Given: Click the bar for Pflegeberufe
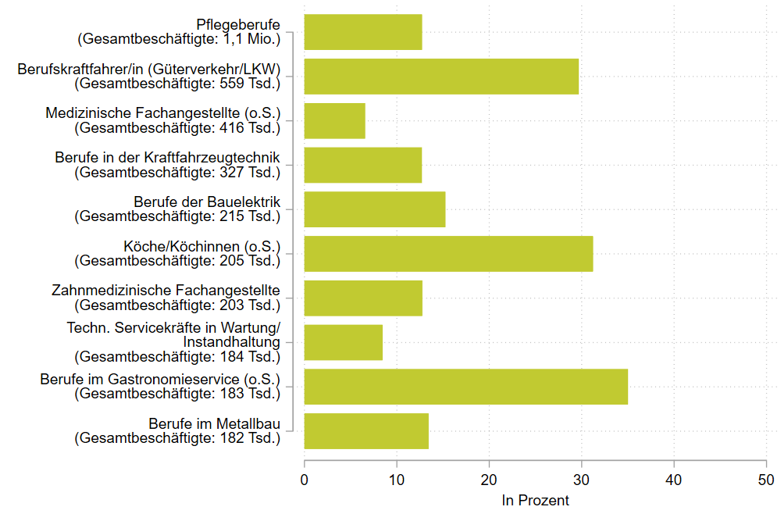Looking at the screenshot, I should pos(363,32).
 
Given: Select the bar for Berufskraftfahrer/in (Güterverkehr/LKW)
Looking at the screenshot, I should pos(441,77).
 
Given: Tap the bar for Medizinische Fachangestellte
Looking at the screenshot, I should pos(334,121).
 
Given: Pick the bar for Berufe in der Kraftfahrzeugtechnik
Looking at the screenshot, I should pos(363,165).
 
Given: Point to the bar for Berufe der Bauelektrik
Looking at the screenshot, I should pos(375,209).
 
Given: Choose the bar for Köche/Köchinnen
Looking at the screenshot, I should pos(448,254).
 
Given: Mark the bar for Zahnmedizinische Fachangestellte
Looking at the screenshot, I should pos(363,298).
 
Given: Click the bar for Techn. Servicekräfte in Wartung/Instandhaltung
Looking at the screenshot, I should pos(344,342).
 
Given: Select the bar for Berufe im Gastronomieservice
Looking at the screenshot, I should pos(465,387).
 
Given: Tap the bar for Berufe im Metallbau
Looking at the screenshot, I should pos(366,431).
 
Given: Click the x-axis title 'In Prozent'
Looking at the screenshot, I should pos(535,501).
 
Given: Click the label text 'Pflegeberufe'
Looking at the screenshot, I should pos(238,25).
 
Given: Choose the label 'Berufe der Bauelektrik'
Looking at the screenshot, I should pos(207,202).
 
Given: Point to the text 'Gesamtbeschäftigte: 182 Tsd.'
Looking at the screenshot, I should pos(177,438).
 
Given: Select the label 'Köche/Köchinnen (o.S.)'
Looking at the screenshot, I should pos(201,247).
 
